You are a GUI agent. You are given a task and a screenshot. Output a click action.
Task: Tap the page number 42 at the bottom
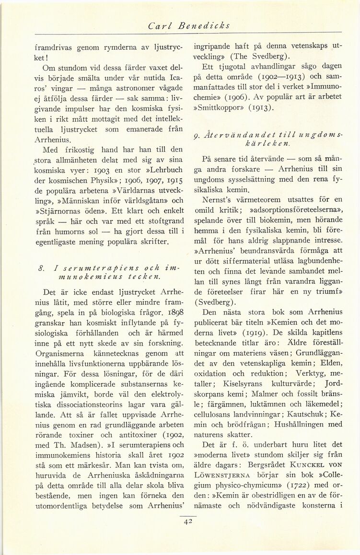pyautogui.click(x=184, y=523)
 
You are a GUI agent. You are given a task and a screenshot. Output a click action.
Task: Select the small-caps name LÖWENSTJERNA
pyautogui.click(x=221, y=482)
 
